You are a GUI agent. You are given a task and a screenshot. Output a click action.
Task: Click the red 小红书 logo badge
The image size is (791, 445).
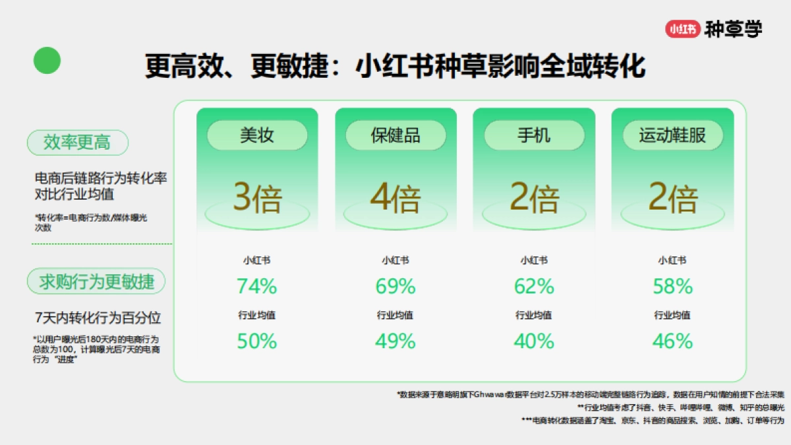pos(682,29)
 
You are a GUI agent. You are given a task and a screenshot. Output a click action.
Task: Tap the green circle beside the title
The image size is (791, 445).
pos(47,61)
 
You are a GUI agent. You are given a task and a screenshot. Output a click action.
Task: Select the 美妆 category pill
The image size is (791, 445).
pos(257,135)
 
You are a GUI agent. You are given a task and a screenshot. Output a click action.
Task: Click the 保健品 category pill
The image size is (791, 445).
pos(395,135)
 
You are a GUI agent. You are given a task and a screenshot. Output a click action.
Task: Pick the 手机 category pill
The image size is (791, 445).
pos(534,135)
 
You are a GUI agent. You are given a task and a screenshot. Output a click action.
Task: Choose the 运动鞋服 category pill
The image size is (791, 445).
pos(672,135)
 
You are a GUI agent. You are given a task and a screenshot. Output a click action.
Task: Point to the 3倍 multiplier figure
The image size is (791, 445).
pos(257,198)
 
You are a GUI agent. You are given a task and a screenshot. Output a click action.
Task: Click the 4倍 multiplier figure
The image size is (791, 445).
pos(395,198)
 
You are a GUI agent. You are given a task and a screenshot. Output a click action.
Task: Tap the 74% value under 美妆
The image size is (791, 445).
pos(257,286)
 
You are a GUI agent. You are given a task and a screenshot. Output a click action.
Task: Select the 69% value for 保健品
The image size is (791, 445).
pos(395,286)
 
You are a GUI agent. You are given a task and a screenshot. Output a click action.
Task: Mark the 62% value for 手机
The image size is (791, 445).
pos(534,286)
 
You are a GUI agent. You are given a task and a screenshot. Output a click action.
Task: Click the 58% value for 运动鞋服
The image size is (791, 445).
pos(672,286)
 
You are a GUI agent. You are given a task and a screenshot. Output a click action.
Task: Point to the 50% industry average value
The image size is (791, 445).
pos(257,341)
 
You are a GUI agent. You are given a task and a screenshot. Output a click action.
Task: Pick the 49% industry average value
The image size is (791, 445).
pos(395,341)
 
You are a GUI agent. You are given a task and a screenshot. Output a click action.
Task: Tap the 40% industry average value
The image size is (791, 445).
pos(534,341)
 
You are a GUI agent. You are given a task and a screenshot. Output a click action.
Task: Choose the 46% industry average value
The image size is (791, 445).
pos(672,341)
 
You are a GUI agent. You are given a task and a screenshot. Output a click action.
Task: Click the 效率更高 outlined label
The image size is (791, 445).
pos(77,142)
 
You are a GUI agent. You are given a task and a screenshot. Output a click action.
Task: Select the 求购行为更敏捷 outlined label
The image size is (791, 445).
pos(96,282)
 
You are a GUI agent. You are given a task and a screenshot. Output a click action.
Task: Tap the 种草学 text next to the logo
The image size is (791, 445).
pos(733,29)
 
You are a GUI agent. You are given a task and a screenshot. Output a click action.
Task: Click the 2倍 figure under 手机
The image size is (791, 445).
pos(534,198)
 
